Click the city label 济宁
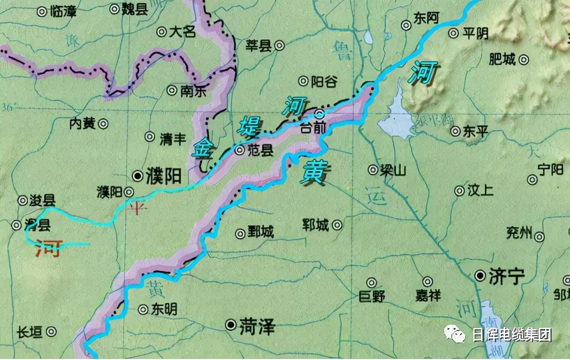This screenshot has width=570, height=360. (506, 277)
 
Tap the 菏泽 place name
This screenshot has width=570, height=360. (257, 325)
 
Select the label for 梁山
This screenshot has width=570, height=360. (394, 170)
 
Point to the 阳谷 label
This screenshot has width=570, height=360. (325, 81)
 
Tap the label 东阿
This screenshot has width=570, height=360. (426, 19)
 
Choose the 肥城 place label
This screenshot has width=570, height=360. (502, 60)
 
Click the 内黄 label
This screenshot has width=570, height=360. (82, 124)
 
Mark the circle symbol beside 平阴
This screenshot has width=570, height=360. (453, 34)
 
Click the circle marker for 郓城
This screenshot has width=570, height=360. (337, 225)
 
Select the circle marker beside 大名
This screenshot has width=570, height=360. (161, 32)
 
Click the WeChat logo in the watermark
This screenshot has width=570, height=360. (457, 335)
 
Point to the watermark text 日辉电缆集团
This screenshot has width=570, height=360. (511, 335)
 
